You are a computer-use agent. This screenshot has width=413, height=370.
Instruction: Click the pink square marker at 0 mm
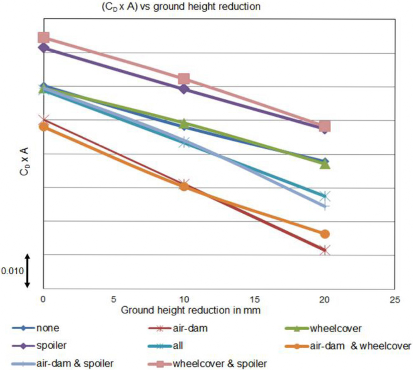click(44, 37)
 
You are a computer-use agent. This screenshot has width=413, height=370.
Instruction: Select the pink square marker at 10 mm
click(184, 79)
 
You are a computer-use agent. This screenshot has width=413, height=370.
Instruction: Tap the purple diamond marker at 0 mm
click(44, 48)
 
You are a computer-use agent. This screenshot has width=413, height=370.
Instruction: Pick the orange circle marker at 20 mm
click(325, 234)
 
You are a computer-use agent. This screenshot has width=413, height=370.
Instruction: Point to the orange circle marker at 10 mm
click(184, 186)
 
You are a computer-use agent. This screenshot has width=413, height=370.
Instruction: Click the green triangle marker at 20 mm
click(325, 164)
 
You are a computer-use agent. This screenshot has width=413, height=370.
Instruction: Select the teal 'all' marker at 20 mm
click(325, 196)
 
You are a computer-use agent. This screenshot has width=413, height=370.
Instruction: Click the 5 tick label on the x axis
click(113, 299)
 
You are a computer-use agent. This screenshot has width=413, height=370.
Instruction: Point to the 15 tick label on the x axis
click(254, 299)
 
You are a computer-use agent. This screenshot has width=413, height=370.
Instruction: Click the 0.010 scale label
click(10, 271)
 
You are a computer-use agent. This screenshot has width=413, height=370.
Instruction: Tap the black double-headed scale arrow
click(28, 271)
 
